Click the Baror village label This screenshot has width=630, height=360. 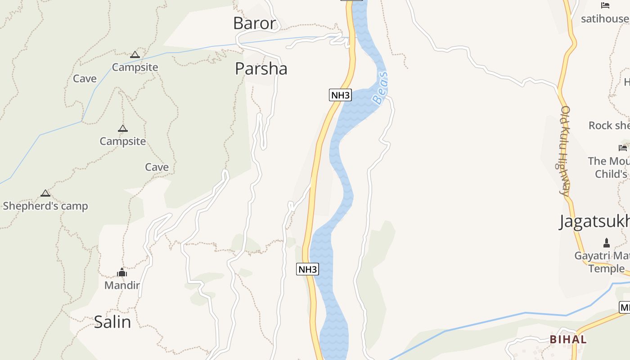[254, 23]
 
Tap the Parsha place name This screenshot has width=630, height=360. [261, 69]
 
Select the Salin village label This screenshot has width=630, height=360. [112, 322]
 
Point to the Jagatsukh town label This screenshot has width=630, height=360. [594, 221]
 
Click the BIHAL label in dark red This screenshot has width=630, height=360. [568, 339]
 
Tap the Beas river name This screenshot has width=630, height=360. [380, 88]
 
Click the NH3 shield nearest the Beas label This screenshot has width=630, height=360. [340, 95]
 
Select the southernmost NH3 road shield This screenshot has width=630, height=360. [308, 269]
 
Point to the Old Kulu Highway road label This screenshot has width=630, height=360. [564, 151]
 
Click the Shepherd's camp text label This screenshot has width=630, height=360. [45, 206]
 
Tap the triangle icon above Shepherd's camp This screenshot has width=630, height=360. [45, 193]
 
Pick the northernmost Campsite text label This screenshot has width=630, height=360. [135, 67]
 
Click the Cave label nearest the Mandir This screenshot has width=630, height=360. [157, 167]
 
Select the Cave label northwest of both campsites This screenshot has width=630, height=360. [85, 79]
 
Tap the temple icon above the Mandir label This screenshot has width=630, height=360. [122, 272]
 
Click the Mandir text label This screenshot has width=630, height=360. [122, 285]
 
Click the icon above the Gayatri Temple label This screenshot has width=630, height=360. [607, 243]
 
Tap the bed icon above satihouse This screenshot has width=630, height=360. [605, 5]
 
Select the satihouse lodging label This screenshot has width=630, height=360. [605, 18]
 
